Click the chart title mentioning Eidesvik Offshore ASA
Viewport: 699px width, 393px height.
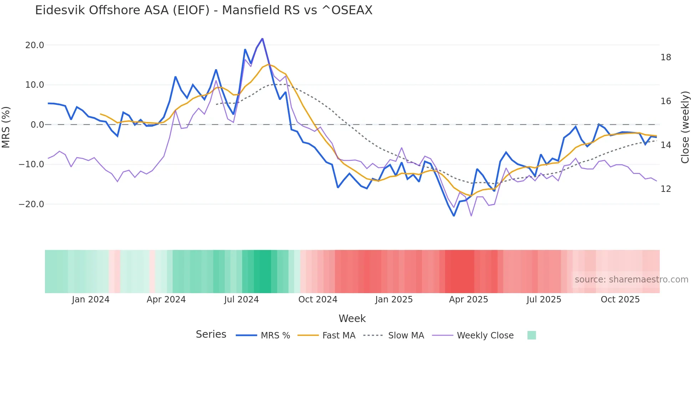click(x=204, y=10)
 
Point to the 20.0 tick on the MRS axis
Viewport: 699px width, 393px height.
click(x=35, y=45)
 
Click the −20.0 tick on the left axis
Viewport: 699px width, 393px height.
click(x=31, y=204)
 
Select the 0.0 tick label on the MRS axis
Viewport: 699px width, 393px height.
click(x=37, y=125)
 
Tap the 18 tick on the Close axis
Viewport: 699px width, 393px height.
click(x=665, y=57)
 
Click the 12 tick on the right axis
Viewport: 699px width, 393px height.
click(x=665, y=189)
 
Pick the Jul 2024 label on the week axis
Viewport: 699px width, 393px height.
click(x=241, y=300)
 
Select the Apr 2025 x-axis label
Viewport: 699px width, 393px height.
click(x=468, y=300)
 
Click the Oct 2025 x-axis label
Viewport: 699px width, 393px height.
click(x=620, y=300)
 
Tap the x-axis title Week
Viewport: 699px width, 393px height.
click(x=352, y=318)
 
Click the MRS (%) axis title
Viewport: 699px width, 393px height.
click(x=6, y=127)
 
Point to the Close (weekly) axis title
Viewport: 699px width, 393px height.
click(x=685, y=127)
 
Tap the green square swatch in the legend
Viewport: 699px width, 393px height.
click(x=531, y=335)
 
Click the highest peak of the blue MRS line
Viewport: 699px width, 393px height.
click(x=262, y=39)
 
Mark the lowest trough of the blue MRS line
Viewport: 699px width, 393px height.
click(x=454, y=216)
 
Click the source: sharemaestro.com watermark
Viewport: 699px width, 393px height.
click(x=631, y=280)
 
